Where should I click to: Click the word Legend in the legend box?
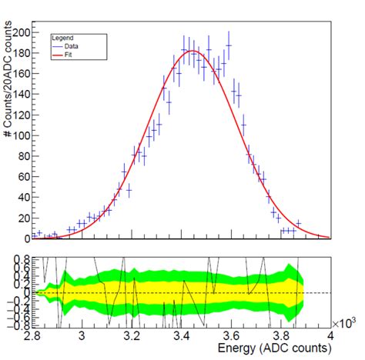click(62, 37)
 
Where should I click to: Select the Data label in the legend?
click(72, 45)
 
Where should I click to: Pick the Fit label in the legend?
click(69, 53)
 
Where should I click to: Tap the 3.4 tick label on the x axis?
click(182, 336)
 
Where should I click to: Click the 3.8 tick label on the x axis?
click(281, 336)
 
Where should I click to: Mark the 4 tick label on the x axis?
click(330, 336)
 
